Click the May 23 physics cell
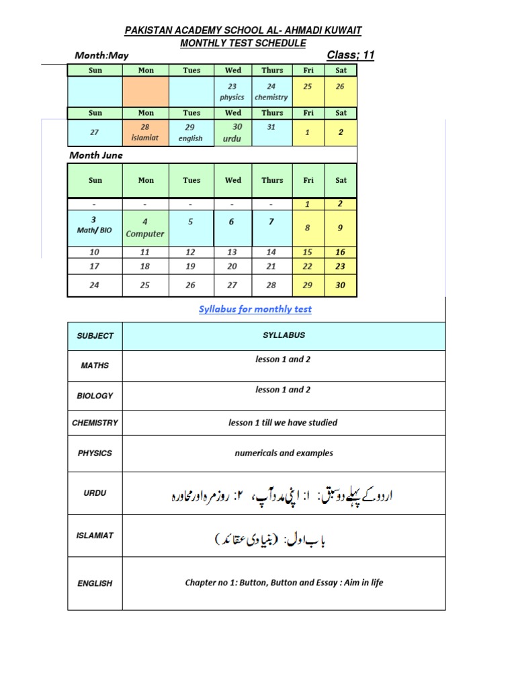[232, 91]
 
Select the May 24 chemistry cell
[271, 91]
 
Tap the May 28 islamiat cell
[146, 132]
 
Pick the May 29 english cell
[191, 132]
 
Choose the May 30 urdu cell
[232, 132]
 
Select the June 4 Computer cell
[145, 228]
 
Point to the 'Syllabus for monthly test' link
[255, 309]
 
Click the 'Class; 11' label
[350, 55]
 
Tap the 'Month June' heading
[96, 155]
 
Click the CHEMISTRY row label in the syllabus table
[95, 423]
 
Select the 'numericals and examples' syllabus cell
[284, 454]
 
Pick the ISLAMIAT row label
[95, 535]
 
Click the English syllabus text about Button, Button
[284, 583]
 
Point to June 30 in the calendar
[341, 285]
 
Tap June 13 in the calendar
[232, 252]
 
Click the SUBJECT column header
[95, 335]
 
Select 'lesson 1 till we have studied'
[283, 423]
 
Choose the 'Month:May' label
[99, 56]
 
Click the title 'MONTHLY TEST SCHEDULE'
[243, 43]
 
